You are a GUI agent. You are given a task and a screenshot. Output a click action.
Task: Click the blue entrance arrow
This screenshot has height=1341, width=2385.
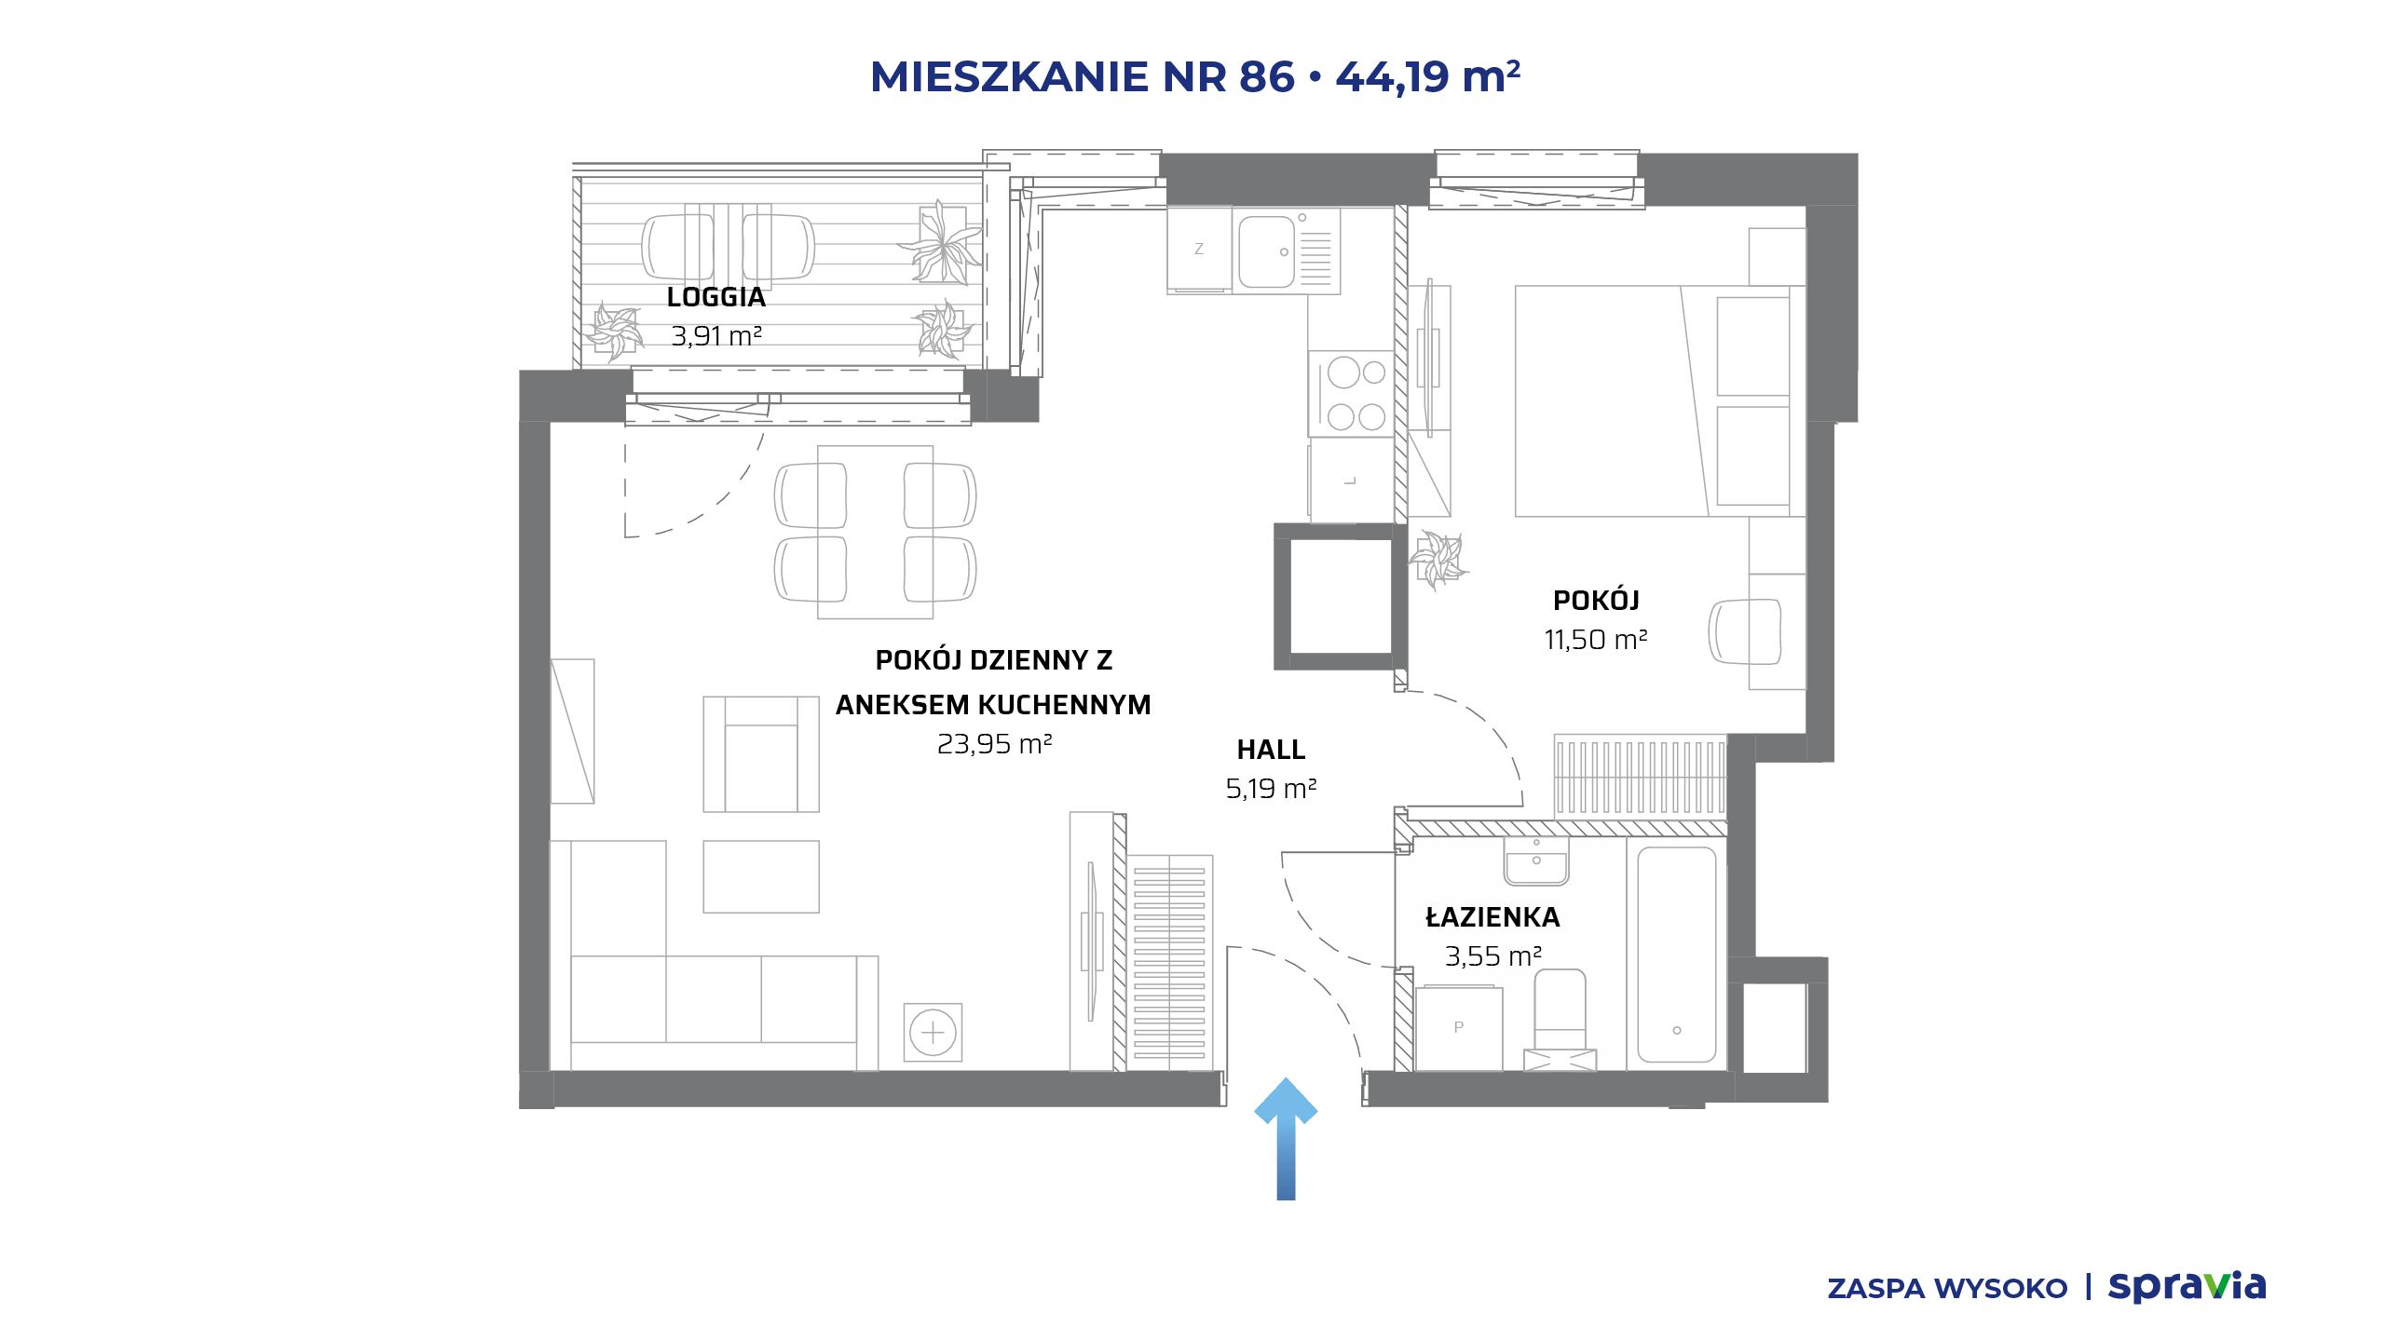[x=1286, y=1138]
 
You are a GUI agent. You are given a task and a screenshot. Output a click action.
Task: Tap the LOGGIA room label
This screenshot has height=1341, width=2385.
[x=715, y=297]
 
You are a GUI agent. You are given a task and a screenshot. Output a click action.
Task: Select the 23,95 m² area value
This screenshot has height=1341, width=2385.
[x=994, y=744]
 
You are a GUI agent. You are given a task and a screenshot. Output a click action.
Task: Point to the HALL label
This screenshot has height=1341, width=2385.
[x=1271, y=750]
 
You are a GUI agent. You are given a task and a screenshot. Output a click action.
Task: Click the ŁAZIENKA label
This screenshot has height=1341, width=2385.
[x=1492, y=917]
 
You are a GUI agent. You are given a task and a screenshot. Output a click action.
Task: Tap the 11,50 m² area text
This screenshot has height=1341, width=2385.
[x=1596, y=640]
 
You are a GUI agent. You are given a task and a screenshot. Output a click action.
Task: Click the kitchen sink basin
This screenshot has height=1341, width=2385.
[x=1266, y=251]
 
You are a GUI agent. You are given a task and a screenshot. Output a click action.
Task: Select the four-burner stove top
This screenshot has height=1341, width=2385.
[x=1351, y=394]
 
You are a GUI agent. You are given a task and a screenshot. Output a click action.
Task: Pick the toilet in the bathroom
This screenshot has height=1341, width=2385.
[x=1560, y=1020]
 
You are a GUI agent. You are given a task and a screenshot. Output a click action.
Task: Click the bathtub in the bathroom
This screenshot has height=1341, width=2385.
[x=1677, y=954]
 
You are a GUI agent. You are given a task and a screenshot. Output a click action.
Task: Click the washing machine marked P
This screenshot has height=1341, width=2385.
[x=1459, y=1028]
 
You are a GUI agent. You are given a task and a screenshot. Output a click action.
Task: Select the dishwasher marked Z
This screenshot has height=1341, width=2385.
[x=1199, y=250]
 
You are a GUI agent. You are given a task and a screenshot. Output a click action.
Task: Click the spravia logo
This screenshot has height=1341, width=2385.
[x=2187, y=1286]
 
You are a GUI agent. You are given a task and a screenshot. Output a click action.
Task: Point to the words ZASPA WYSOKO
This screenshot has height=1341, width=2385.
[x=1947, y=1289]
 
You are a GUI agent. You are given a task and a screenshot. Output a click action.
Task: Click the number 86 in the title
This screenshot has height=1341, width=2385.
[x=1267, y=76]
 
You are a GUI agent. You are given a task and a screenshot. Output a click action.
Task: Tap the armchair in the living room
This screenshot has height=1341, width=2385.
[x=761, y=754]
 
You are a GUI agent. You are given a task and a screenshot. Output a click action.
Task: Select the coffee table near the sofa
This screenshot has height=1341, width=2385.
[x=761, y=876]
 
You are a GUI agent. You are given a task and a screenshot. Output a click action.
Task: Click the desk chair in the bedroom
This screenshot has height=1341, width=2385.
[x=1745, y=631]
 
